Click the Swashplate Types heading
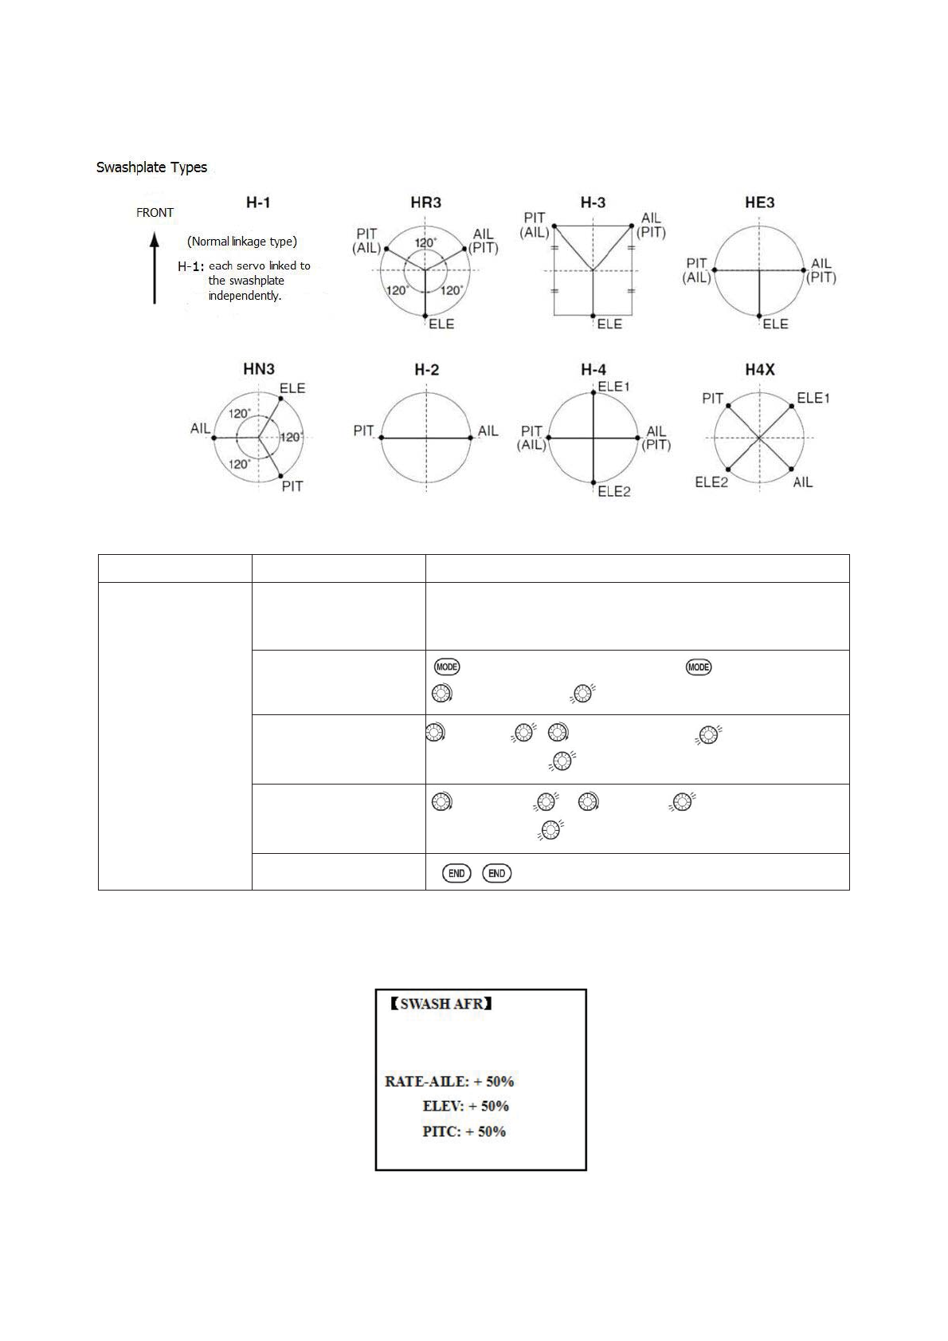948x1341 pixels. pos(151,167)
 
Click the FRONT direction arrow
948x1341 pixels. pos(155,268)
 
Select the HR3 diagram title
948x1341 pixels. pos(425,203)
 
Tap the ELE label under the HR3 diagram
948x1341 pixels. pos(441,324)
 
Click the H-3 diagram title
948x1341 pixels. pos(593,203)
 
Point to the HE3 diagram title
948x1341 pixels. pos(759,203)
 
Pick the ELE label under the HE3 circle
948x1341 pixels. pos(775,324)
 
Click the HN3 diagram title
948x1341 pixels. pos(259,369)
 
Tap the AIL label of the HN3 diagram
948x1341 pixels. pos(200,429)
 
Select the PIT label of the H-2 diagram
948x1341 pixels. pos(364,431)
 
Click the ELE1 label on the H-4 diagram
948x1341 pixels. pos(614,387)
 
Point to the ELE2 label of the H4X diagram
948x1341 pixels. pos(711,482)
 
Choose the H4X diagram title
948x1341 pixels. pos(759,369)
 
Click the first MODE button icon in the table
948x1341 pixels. pos(447,667)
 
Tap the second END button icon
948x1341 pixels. pos(496,873)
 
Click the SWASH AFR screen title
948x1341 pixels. pos(441,1004)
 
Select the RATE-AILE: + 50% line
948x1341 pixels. pos(449,1082)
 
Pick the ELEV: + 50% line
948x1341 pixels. pos(465,1107)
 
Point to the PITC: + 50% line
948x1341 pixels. pos(464,1132)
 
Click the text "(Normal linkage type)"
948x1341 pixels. pos(242,242)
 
